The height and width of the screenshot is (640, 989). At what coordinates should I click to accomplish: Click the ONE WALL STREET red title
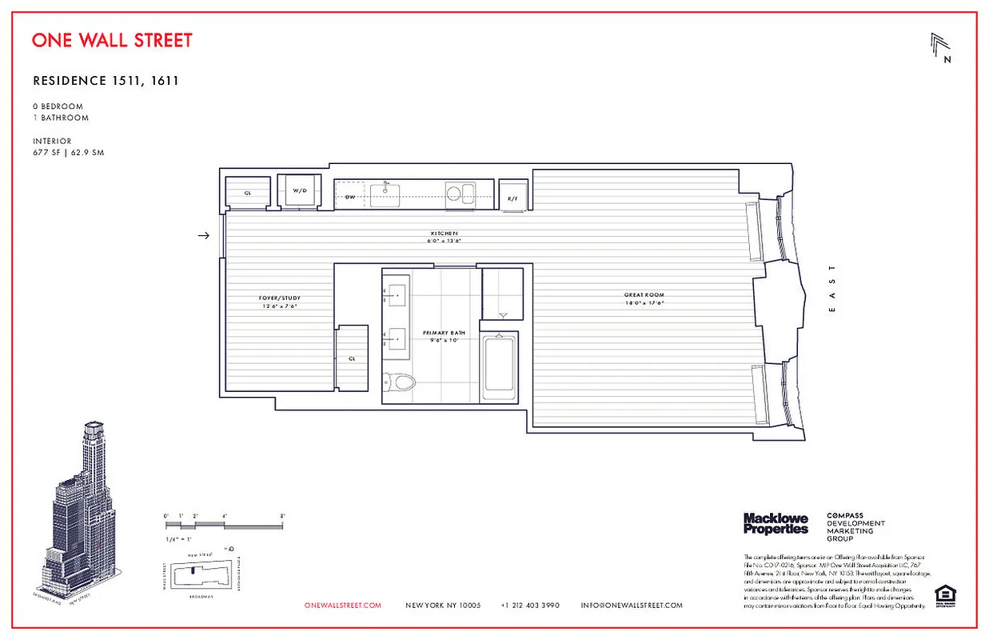click(x=112, y=40)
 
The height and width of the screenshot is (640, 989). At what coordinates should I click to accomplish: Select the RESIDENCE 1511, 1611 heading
click(x=106, y=81)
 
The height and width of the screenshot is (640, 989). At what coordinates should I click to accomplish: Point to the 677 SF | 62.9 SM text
click(x=68, y=153)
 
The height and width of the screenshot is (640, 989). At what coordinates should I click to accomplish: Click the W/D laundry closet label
click(x=300, y=191)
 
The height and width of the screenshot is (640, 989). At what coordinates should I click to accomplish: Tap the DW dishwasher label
click(x=350, y=196)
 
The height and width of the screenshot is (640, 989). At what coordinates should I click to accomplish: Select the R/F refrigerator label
click(x=512, y=198)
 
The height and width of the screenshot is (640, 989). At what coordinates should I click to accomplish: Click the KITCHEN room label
click(x=445, y=233)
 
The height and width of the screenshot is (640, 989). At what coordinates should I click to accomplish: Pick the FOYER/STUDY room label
click(x=280, y=298)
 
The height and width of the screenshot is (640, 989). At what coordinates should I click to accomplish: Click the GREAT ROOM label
click(x=644, y=295)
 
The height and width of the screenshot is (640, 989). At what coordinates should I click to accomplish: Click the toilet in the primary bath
click(x=399, y=381)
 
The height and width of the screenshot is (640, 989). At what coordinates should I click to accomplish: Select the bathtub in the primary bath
click(x=500, y=367)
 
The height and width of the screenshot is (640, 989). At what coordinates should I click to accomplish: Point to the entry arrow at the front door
click(x=204, y=235)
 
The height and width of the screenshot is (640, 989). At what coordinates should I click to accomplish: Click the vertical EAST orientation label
click(x=832, y=289)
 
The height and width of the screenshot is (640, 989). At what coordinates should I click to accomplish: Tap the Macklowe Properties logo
click(x=776, y=524)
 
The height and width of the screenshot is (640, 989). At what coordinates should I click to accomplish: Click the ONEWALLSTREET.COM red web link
click(x=343, y=606)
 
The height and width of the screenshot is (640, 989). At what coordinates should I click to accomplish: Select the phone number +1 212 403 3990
click(x=530, y=606)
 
